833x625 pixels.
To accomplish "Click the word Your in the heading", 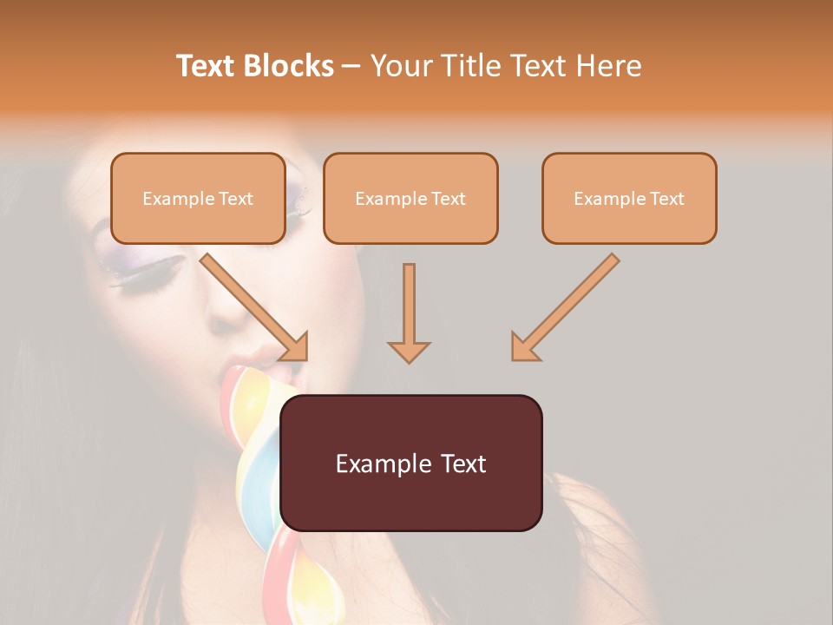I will click(399, 66).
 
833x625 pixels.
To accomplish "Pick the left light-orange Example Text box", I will click(198, 198).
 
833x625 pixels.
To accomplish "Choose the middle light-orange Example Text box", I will click(410, 198).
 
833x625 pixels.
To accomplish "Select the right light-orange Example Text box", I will click(629, 198).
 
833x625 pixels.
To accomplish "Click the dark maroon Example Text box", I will click(410, 463).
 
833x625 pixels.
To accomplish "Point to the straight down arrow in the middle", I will click(409, 312).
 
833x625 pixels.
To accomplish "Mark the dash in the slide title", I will click(351, 66).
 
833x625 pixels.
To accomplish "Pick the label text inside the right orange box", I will click(629, 198).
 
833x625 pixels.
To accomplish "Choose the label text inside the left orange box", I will click(198, 198).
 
